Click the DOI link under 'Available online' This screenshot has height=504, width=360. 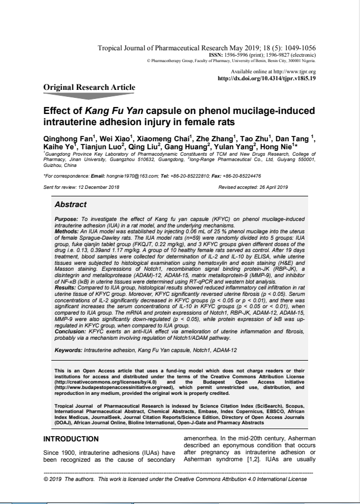point(268,78)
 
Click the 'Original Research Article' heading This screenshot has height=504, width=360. point(89,87)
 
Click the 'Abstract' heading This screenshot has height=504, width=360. point(71,204)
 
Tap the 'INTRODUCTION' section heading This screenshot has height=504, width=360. point(71,439)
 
